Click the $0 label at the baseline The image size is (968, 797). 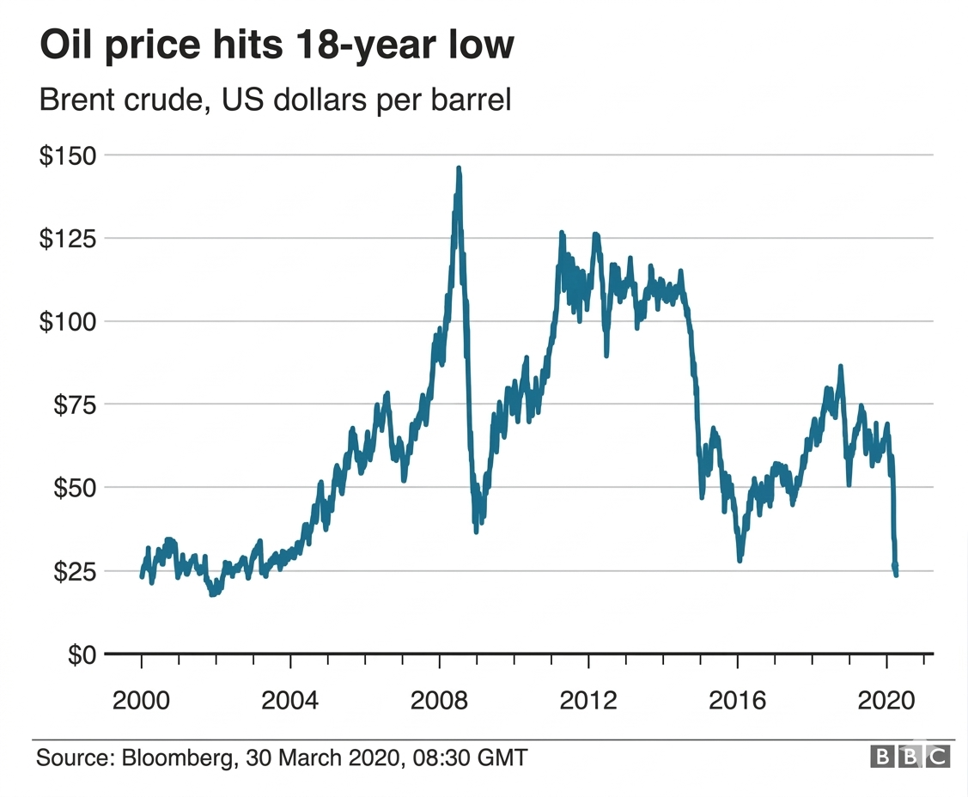click(82, 654)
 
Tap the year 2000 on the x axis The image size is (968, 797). click(142, 700)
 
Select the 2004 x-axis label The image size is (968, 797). click(290, 700)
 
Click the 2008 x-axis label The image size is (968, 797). click(440, 700)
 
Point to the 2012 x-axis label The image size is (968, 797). click(588, 700)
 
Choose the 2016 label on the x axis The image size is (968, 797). click(738, 700)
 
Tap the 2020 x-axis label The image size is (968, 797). click(886, 700)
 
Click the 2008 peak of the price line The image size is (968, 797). click(459, 169)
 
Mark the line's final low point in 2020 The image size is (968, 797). click(896, 575)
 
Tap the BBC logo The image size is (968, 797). click(910, 757)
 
